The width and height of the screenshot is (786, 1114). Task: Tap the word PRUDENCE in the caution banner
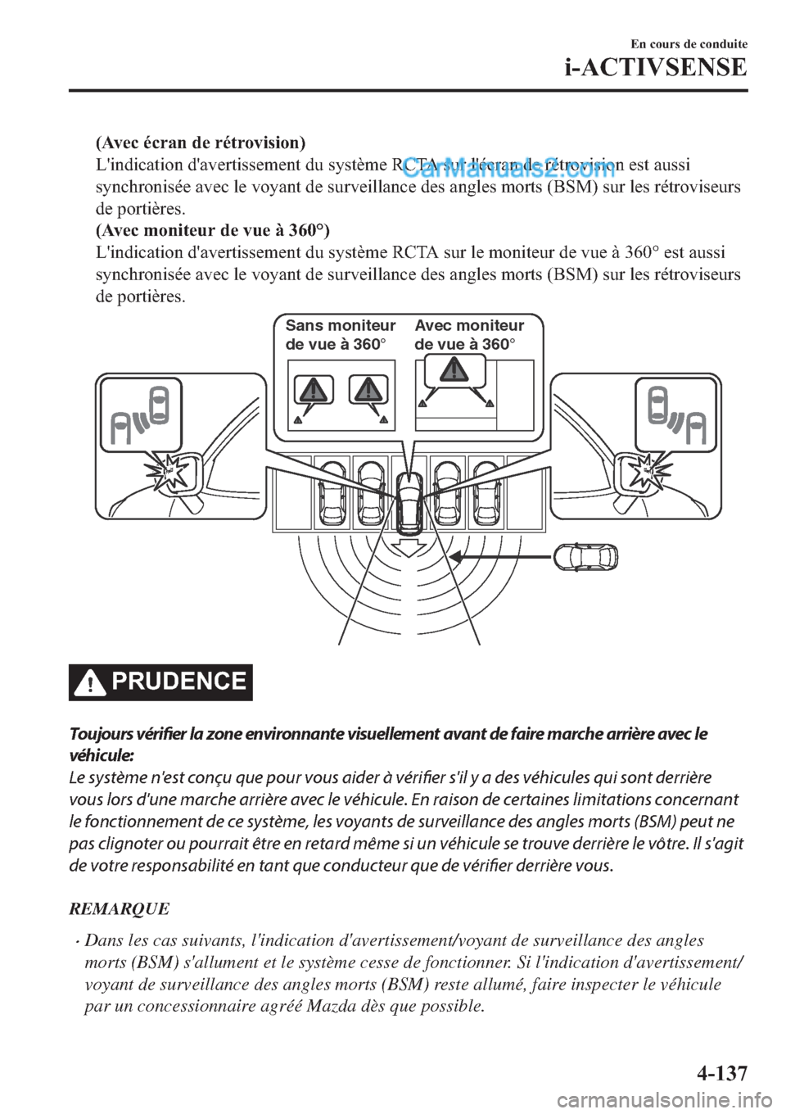point(180,682)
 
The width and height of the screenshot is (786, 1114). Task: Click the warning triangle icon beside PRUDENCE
point(90,683)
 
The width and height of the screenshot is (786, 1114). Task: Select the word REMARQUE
point(120,908)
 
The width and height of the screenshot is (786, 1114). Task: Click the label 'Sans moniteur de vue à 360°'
point(340,335)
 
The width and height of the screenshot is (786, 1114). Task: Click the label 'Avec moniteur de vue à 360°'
point(469,335)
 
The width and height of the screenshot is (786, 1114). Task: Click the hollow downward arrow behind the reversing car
point(407,546)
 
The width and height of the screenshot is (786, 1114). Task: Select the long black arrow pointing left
point(499,557)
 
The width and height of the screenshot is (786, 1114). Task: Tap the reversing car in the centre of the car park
point(407,500)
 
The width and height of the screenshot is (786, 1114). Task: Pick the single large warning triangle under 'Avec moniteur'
point(452,370)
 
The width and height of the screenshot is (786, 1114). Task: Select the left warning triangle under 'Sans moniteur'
point(314,388)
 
